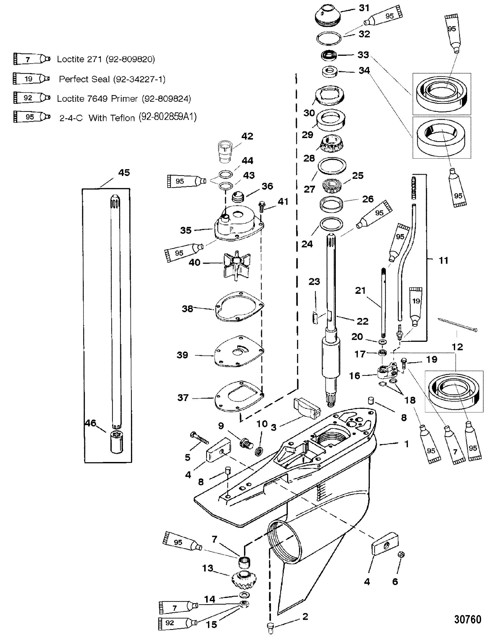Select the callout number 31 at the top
pos(364,8)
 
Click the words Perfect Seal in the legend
pos(84,79)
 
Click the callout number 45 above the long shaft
pos(124,173)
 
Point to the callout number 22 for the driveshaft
pos(363,321)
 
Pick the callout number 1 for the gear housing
pos(406,444)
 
